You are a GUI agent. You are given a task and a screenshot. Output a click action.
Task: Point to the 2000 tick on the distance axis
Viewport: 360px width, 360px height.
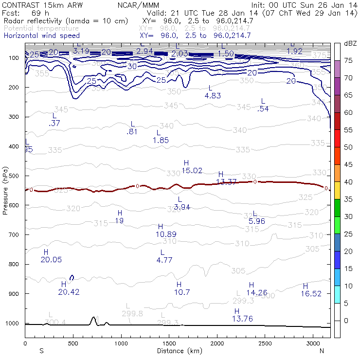click(217, 341)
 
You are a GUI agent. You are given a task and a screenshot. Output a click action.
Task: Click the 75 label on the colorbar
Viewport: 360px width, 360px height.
click(349, 60)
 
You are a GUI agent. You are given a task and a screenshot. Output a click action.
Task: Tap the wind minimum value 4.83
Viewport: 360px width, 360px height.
click(213, 96)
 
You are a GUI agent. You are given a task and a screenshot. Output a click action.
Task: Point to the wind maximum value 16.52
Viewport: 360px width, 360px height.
click(311, 293)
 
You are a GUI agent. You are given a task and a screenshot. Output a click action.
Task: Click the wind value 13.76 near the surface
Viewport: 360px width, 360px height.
click(242, 319)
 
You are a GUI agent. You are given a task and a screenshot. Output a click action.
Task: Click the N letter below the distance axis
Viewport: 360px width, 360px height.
click(322, 351)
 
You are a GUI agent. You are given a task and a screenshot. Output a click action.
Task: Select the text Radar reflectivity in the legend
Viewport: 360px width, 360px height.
click(35, 21)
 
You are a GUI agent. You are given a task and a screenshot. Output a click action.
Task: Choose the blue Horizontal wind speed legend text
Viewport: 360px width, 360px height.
click(41, 36)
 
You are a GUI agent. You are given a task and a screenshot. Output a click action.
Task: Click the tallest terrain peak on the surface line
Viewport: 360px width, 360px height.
click(93, 317)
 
